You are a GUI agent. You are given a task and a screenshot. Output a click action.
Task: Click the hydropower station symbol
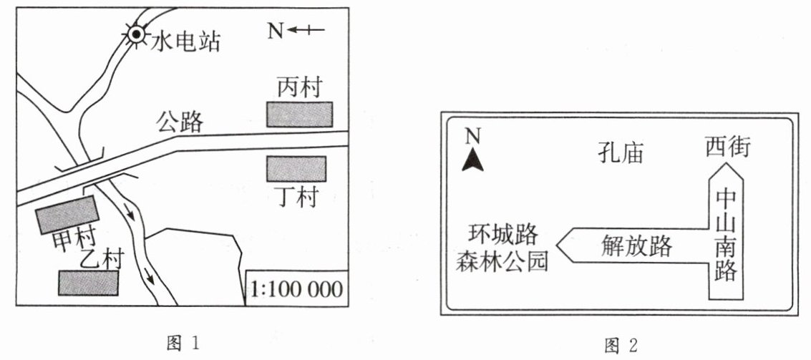135,34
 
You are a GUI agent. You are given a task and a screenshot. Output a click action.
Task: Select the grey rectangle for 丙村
300,115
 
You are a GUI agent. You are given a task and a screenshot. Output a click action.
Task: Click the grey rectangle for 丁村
296,169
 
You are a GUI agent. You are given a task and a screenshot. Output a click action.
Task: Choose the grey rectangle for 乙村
88,283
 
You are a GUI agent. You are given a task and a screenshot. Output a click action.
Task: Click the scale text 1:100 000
297,289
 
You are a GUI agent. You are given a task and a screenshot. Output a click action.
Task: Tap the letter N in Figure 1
276,30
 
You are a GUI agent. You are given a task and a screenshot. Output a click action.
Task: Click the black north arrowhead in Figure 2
472,162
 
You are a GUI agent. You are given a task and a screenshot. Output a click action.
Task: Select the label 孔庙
621,153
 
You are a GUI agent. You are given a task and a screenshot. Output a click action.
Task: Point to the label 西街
727,147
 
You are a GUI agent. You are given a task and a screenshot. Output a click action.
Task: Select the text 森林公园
502,262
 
